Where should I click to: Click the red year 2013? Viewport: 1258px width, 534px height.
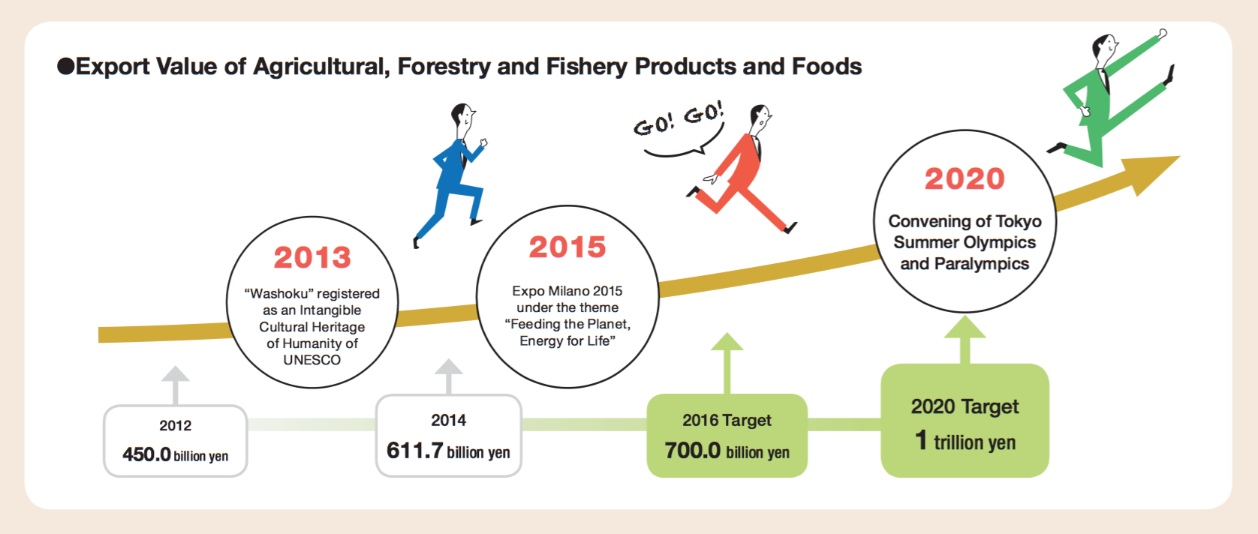(x=312, y=257)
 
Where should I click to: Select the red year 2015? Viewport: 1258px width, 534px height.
(x=567, y=247)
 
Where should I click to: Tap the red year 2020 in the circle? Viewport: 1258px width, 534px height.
(x=965, y=179)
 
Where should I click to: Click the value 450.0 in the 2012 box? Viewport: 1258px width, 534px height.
(x=146, y=454)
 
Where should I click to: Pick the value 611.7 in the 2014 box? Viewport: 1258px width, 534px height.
(x=415, y=450)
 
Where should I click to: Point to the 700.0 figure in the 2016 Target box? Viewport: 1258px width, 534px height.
(x=692, y=450)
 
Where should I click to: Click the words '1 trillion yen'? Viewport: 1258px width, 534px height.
(x=965, y=440)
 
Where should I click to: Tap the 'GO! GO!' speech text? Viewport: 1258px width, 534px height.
(x=679, y=119)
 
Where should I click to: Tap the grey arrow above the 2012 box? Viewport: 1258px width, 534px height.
(x=175, y=385)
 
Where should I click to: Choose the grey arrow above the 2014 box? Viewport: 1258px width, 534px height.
(x=448, y=377)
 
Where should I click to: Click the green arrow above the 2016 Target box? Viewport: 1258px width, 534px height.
(x=727, y=364)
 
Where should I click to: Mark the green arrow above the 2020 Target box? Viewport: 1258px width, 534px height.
(x=965, y=340)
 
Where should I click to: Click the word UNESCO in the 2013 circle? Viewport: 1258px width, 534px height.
(x=311, y=360)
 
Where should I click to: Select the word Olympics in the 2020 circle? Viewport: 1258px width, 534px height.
(x=1001, y=242)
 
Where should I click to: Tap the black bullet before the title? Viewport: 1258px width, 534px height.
(x=66, y=66)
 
